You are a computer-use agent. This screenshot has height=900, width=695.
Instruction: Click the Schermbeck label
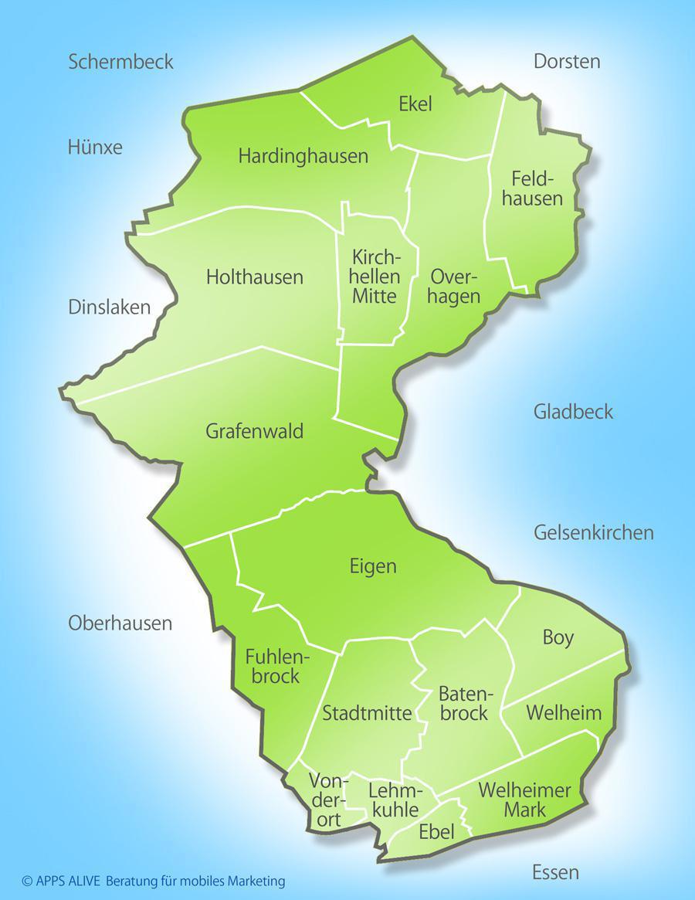tap(120, 62)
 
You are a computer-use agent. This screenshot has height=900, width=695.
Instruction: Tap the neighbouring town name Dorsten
tap(567, 62)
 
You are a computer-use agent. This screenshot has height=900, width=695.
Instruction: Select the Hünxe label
tap(95, 147)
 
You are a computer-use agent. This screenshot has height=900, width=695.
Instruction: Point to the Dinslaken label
tap(109, 307)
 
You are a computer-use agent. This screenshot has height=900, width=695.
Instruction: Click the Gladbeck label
tap(573, 411)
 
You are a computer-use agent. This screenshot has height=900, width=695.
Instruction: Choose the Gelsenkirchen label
tap(593, 532)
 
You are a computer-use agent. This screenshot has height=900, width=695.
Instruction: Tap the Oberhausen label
tap(120, 623)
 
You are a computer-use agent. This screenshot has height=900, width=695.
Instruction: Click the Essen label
tap(555, 873)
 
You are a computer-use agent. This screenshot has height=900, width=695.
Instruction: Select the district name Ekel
tap(415, 104)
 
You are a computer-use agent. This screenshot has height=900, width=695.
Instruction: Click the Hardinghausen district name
tap(303, 156)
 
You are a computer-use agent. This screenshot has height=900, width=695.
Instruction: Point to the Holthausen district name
tap(255, 277)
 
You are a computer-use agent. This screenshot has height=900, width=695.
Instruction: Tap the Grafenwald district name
tap(254, 431)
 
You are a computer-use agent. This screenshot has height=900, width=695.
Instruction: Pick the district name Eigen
tap(372, 566)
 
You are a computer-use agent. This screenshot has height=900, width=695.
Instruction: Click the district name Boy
tap(558, 637)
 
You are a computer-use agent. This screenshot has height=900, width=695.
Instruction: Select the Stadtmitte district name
tap(367, 712)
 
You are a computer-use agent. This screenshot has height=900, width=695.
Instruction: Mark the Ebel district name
tap(436, 832)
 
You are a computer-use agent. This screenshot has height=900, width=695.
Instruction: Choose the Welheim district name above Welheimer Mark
tap(563, 712)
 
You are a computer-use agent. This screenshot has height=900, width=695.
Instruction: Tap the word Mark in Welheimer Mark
tap(525, 810)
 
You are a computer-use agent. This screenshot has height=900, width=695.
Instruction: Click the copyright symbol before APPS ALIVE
tap(27, 881)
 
